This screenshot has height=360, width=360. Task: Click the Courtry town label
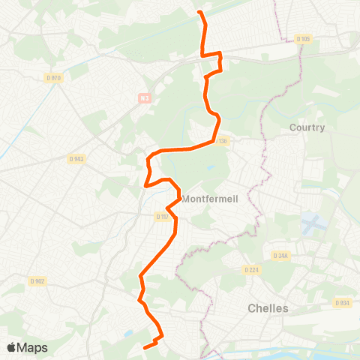pos(307,127)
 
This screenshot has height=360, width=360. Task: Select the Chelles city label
pos(268,308)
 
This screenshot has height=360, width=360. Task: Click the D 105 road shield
pos(303,39)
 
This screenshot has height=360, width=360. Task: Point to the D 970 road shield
pos(53,78)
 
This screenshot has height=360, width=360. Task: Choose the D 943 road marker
pos(76,159)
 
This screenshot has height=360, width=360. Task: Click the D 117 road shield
pos(163,217)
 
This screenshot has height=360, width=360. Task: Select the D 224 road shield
pos(250,270)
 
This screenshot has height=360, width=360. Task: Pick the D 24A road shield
pos(280,256)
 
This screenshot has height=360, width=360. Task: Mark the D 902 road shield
pos(37,281)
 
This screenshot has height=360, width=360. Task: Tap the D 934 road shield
pos(341,303)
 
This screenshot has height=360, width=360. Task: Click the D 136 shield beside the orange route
pos(222,140)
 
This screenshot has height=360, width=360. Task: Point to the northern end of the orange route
pos(199,12)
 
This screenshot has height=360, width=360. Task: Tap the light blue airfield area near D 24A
pos(310,223)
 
